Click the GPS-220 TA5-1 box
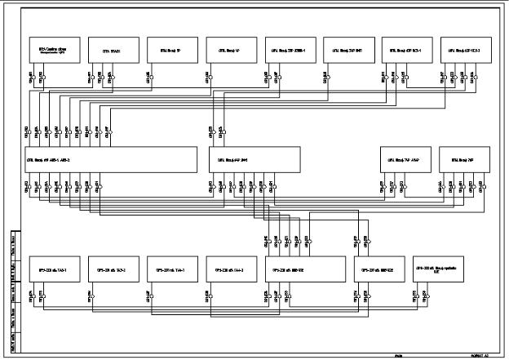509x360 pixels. pyautogui.click(x=48, y=269)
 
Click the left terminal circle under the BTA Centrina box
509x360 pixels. pyautogui.click(x=32, y=79)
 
